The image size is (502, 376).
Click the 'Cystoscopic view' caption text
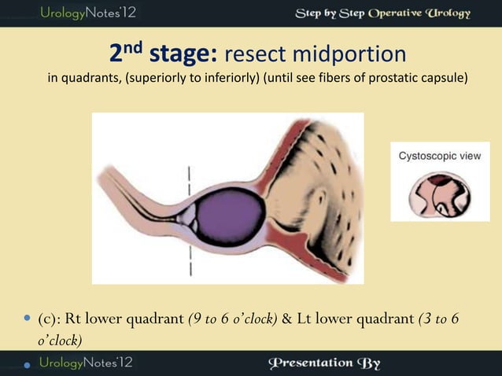pyautogui.click(x=440, y=156)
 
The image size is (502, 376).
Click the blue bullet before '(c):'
pyautogui.click(x=28, y=321)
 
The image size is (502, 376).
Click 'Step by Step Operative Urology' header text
pyautogui.click(x=382, y=13)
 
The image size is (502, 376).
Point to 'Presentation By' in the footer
pyautogui.click(x=324, y=363)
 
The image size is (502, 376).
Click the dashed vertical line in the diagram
pyautogui.click(x=190, y=222)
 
